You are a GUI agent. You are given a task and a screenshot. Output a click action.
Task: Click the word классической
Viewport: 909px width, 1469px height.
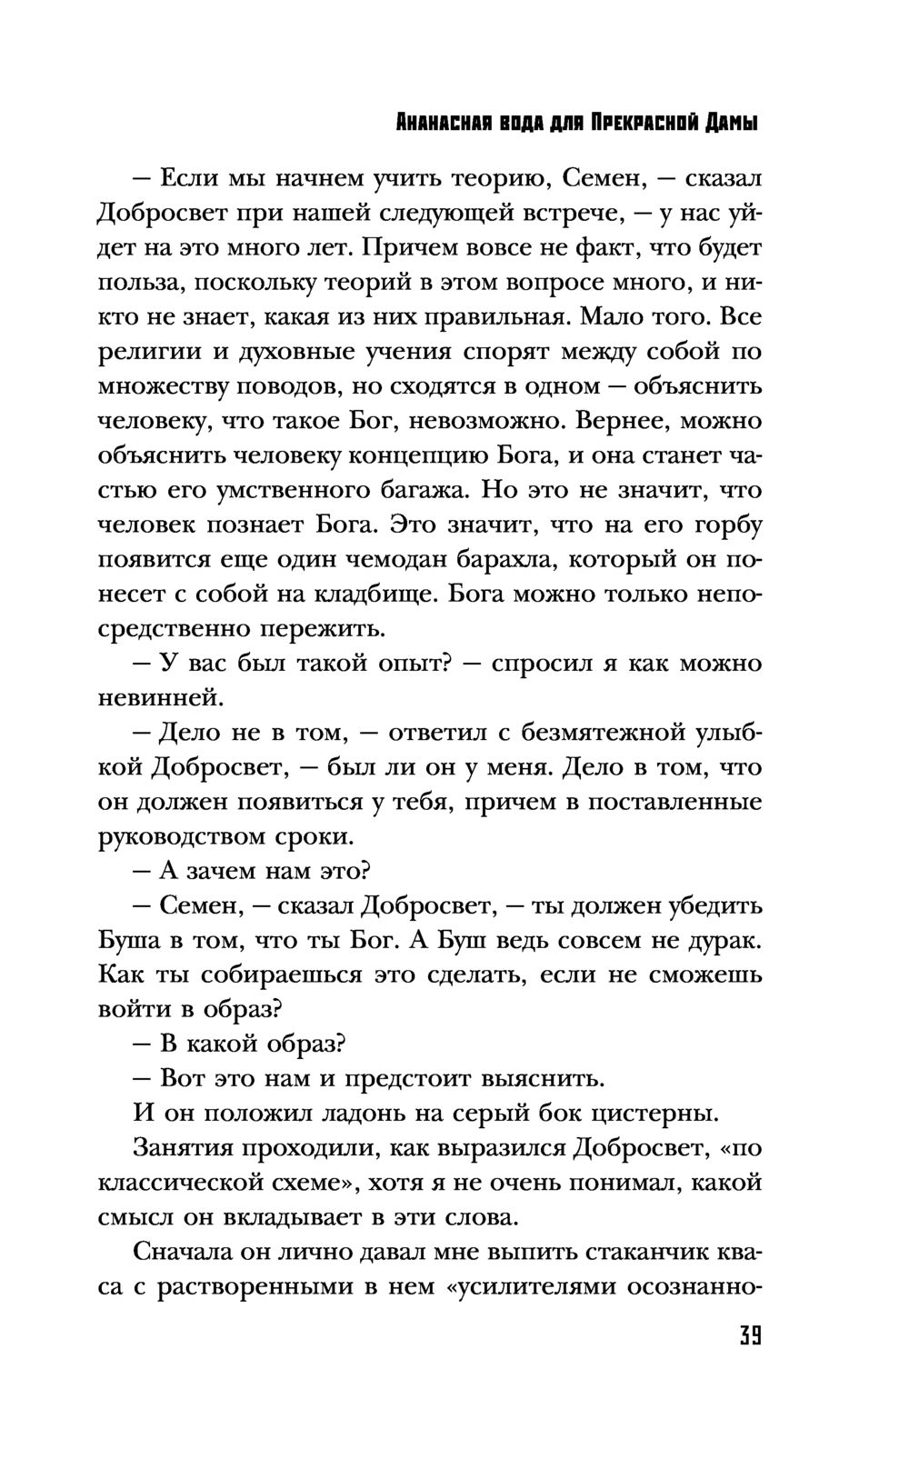189,1183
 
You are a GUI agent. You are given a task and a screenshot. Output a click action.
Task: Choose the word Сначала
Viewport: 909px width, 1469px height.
185,1252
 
